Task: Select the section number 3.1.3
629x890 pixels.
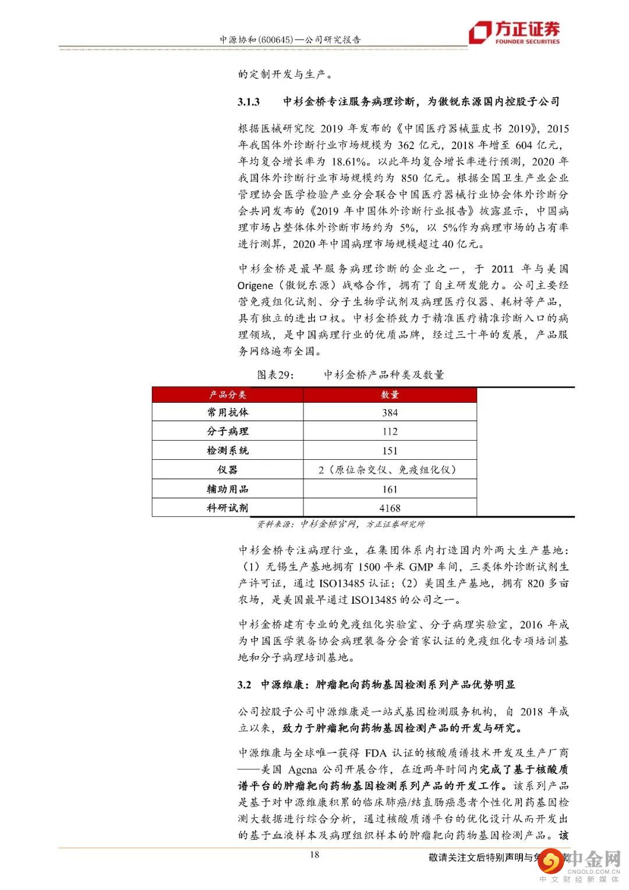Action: [x=249, y=101]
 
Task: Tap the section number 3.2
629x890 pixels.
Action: [x=244, y=684]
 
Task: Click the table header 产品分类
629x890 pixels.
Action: [x=228, y=395]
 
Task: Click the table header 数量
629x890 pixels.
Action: [x=390, y=395]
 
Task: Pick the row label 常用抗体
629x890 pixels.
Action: [x=228, y=412]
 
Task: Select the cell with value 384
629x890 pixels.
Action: [x=390, y=413]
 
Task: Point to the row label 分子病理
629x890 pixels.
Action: [x=228, y=431]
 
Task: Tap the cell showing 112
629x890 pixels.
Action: [x=390, y=432]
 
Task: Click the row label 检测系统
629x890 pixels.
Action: [x=228, y=451]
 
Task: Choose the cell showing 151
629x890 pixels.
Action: [x=390, y=451]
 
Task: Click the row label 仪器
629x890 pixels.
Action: [x=228, y=470]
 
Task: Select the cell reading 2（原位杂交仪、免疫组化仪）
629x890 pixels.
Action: [x=390, y=470]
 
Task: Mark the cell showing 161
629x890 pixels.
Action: [x=390, y=489]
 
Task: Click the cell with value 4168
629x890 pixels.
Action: [x=390, y=508]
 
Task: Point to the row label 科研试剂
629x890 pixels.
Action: [x=228, y=508]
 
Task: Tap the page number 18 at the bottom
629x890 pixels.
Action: [x=314, y=855]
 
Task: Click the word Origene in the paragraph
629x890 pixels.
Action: [x=255, y=286]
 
